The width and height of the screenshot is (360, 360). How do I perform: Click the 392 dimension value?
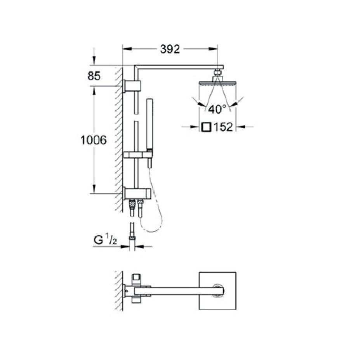tap(170, 49)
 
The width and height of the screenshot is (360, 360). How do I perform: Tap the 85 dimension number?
tap(94, 76)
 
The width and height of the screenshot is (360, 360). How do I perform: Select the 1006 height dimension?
tap(93, 140)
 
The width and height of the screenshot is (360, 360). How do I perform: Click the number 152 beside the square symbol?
tap(223, 127)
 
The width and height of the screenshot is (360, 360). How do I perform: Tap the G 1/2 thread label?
tap(105, 240)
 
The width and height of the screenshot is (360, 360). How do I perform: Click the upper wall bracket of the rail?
tap(133, 86)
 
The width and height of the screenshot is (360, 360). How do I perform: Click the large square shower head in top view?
tap(217, 290)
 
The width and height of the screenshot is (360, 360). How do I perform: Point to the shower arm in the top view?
tap(179, 290)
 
